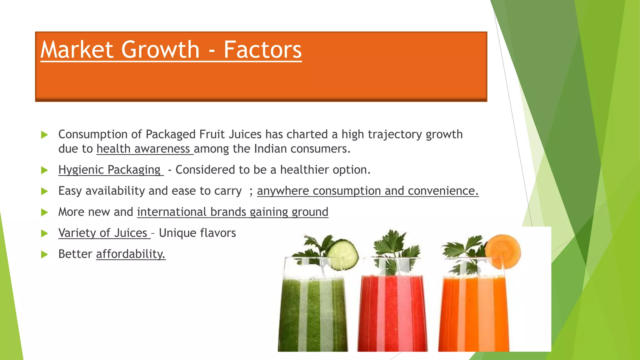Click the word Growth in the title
click(x=160, y=50)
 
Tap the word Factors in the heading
click(x=262, y=50)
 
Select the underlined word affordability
click(x=131, y=254)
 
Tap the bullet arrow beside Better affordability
click(x=45, y=254)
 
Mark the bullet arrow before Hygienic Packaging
click(x=45, y=170)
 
